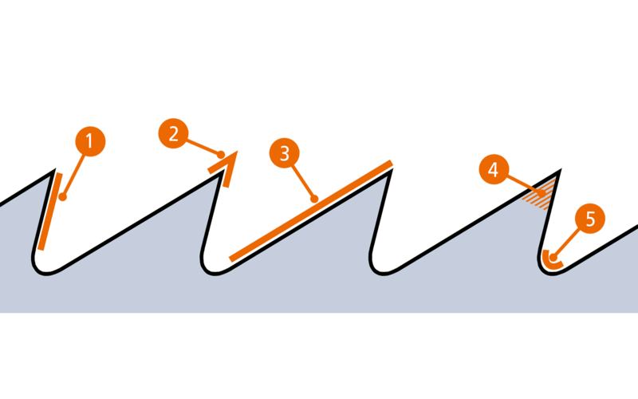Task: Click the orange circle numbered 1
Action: pyautogui.click(x=89, y=141)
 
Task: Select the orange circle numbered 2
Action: pyautogui.click(x=173, y=133)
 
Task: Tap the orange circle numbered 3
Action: pyautogui.click(x=284, y=152)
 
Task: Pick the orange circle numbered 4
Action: pyautogui.click(x=493, y=170)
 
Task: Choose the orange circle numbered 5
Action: pyautogui.click(x=590, y=219)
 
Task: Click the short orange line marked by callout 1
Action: pyautogui.click(x=49, y=210)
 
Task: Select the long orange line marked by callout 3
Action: pyautogui.click(x=311, y=210)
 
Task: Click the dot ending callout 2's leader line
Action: pyautogui.click(x=220, y=155)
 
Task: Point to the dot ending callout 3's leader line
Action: pyautogui.click(x=318, y=198)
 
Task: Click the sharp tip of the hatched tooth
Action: pyautogui.click(x=563, y=168)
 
